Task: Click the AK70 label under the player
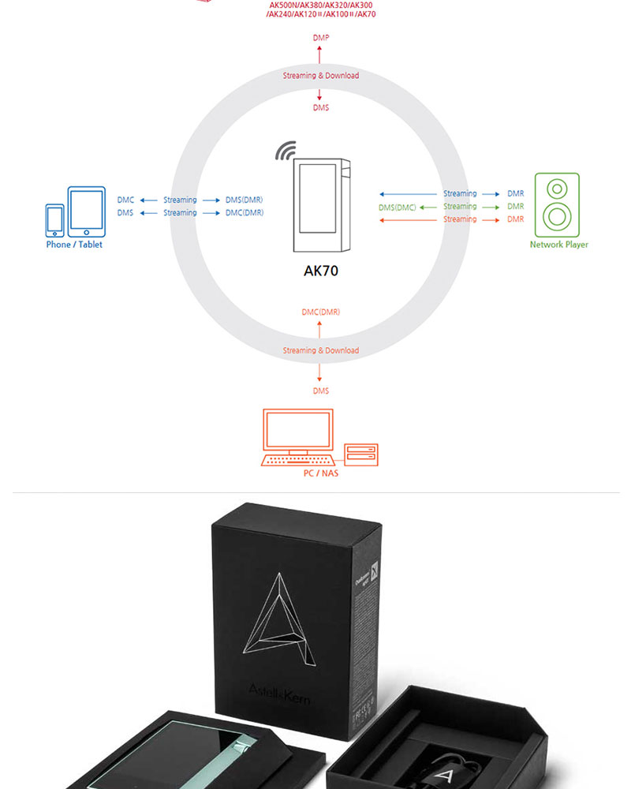coord(321,271)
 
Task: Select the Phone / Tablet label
coord(74,245)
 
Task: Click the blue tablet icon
coord(86,211)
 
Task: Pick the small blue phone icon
coord(54,220)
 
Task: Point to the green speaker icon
coord(557,205)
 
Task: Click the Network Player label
coord(558,245)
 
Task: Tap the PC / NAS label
coord(320,473)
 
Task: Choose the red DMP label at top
coord(321,38)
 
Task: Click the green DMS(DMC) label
coord(397,207)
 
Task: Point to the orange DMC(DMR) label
coord(321,312)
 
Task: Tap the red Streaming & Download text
coord(321,76)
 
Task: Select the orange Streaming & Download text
coord(321,350)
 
